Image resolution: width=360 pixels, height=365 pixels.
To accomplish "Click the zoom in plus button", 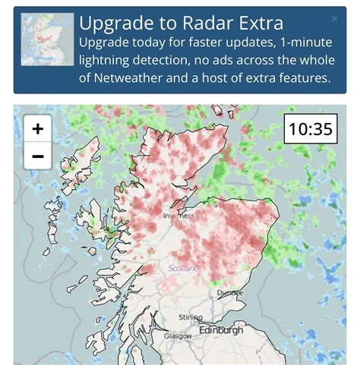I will [37, 129].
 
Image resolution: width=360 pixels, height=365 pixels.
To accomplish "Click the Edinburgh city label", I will [221, 331].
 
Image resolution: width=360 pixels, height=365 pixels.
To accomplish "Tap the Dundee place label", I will [229, 291].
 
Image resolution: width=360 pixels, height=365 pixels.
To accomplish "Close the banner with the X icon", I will [335, 19].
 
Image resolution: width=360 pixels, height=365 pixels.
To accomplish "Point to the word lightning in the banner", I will [112, 59].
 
